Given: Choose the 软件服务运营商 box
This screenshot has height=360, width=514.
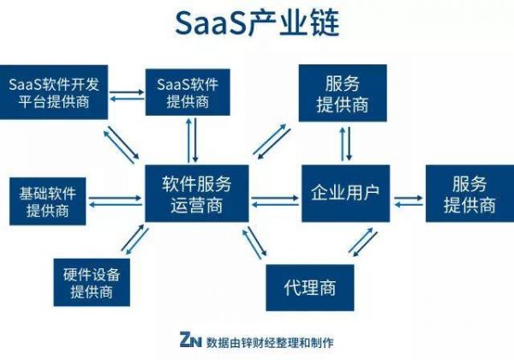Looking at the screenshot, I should (197, 195).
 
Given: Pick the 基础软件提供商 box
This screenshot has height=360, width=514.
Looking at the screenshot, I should (45, 200).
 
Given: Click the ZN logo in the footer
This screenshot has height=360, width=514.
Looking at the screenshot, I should (189, 339).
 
